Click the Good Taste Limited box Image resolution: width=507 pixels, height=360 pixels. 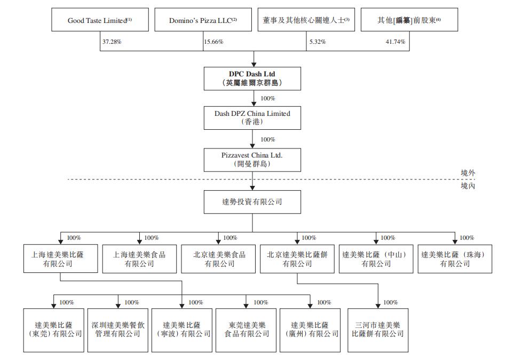[100, 20]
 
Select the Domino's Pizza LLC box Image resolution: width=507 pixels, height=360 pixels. [203, 20]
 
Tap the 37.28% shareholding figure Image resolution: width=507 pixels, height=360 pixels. [112, 42]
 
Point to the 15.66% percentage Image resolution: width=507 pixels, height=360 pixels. [214, 42]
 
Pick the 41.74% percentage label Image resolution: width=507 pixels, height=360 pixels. [395, 42]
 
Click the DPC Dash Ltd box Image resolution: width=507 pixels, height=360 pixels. [252, 78]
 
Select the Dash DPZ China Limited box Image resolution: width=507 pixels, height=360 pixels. [252, 118]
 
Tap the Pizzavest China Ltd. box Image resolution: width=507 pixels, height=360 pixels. [252, 159]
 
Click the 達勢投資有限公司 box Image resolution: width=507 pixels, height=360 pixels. [252, 202]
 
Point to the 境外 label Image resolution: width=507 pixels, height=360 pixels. [468, 173]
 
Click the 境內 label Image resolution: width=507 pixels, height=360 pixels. [468, 186]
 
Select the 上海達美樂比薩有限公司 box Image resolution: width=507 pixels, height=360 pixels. [60, 259]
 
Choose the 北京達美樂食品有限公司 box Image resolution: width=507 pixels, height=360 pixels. [219, 259]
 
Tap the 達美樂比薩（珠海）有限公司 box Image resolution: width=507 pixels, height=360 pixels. [455, 259]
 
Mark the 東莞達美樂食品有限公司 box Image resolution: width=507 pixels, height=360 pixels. [247, 330]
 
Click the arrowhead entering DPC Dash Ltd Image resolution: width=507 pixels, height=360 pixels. [252, 64]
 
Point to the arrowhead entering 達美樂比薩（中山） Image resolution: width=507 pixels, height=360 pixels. [376, 242]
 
